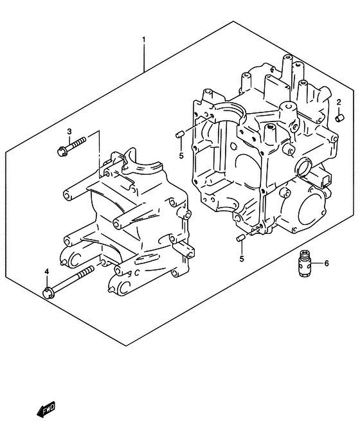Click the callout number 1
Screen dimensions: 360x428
(x=143, y=40)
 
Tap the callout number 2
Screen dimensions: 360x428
(x=339, y=102)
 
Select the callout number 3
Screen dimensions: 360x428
(x=69, y=132)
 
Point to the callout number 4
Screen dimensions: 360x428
(x=47, y=271)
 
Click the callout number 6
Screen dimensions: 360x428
(x=327, y=263)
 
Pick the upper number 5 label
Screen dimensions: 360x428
(x=181, y=156)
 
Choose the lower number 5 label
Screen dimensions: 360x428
(x=242, y=258)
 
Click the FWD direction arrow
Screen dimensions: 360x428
(x=46, y=409)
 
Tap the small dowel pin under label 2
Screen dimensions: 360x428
(x=339, y=118)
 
